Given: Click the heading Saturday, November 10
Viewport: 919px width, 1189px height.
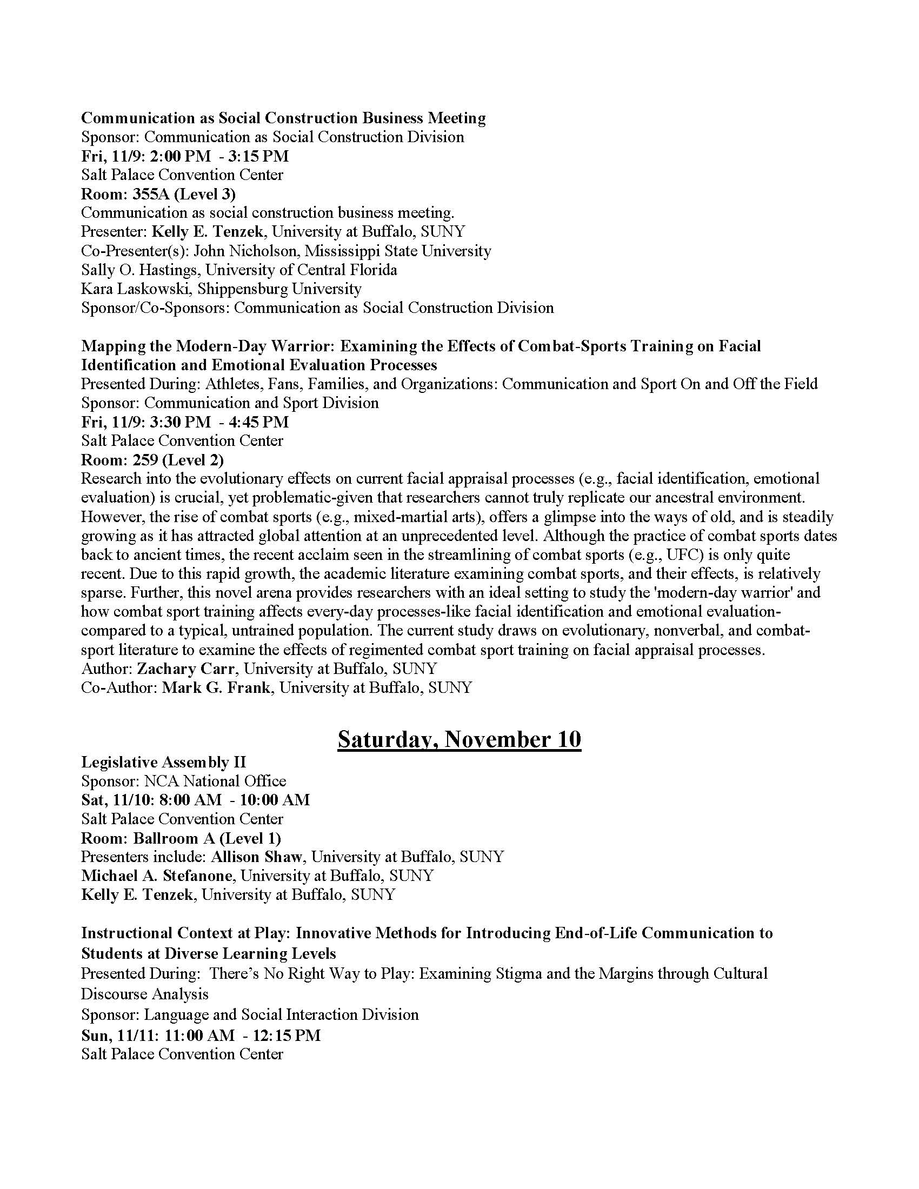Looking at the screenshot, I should pos(459,739).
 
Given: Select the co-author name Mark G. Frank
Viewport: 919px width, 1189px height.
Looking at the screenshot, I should pos(216,687).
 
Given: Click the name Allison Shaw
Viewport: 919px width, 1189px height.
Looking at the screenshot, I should pos(256,857).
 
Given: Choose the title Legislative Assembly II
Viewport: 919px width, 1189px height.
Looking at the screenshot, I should pos(163,762).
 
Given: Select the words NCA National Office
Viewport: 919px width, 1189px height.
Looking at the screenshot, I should pos(215,781).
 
